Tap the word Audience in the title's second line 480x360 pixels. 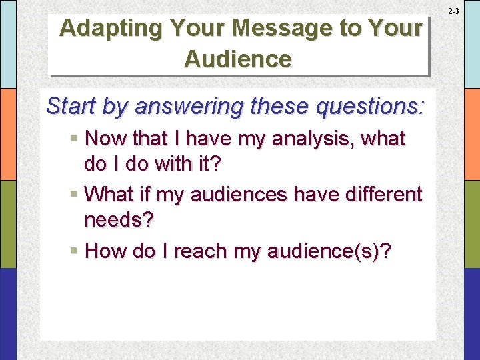coord(238,59)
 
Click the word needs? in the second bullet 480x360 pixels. coord(118,220)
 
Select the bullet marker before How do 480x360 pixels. coord(75,251)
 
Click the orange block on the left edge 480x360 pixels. coord(8,134)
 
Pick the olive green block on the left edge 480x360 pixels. coord(8,224)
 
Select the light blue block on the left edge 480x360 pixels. coord(8,44)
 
